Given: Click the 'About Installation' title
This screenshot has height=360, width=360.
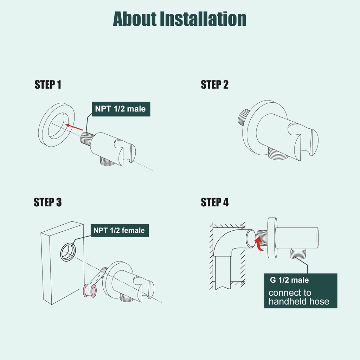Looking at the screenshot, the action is (x=180, y=19).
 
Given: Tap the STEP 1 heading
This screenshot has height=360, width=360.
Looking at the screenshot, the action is (x=48, y=84).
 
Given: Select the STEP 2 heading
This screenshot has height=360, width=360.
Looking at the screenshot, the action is (x=215, y=84).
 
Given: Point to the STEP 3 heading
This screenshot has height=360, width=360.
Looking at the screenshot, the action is (x=48, y=202).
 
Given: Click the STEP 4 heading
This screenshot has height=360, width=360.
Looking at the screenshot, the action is (x=215, y=202).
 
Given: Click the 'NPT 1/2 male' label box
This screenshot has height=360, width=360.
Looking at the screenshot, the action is (x=121, y=109).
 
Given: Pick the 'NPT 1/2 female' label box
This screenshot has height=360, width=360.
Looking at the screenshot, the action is (x=120, y=230).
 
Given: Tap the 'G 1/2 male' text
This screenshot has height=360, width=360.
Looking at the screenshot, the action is (x=289, y=280).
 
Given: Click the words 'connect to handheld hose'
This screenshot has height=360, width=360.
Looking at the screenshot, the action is (x=299, y=297).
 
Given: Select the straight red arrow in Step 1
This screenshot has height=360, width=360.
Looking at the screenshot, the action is (x=74, y=127).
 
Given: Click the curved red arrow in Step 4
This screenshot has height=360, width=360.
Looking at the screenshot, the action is (x=259, y=243).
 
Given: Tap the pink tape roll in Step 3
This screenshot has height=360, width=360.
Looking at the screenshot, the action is (x=90, y=291).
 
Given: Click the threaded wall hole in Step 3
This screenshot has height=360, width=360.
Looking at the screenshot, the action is (x=68, y=252).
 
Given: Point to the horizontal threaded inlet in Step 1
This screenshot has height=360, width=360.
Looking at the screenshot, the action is (x=87, y=138).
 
